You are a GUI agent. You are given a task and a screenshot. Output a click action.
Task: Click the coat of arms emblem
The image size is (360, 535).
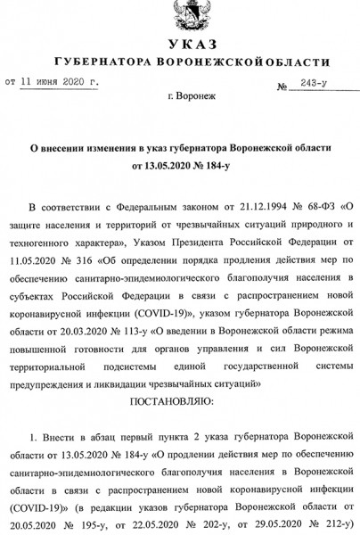pos(180,17)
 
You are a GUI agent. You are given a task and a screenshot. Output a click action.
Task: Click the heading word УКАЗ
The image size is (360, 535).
pos(180,46)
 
